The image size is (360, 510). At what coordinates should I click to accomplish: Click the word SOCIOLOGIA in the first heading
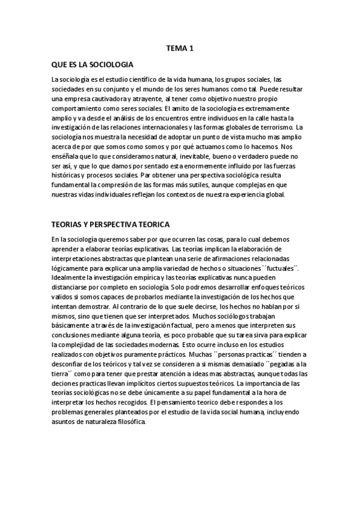click(x=108, y=64)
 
